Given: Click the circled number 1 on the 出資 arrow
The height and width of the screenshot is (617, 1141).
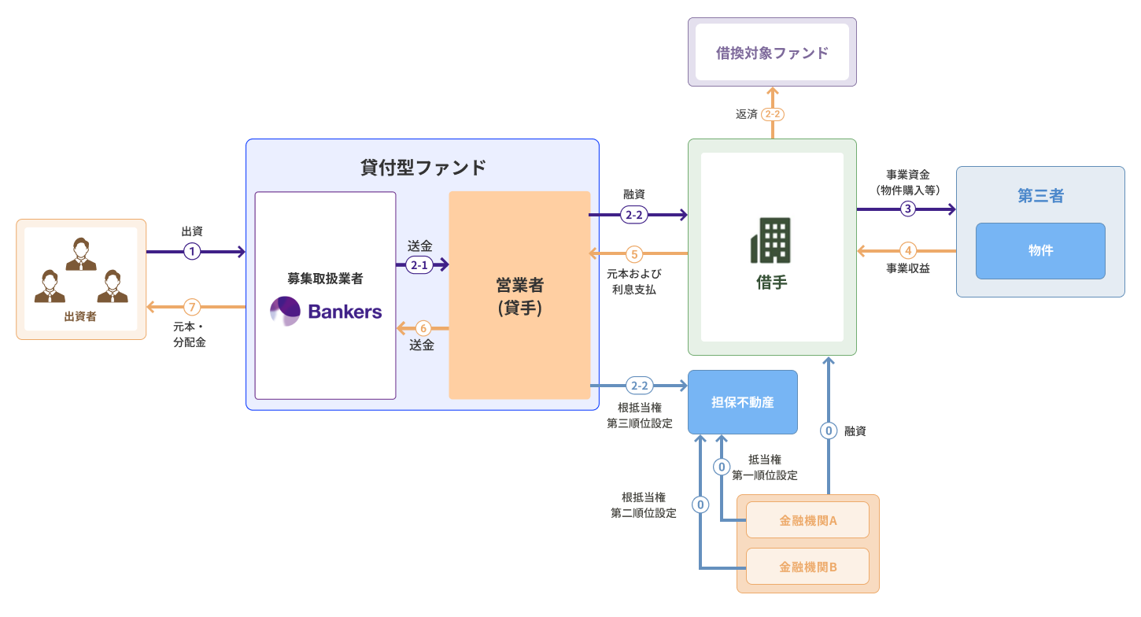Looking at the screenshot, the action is (x=192, y=251).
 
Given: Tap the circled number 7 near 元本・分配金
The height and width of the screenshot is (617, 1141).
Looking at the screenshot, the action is (x=192, y=307).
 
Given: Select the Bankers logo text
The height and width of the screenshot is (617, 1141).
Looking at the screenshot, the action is (x=345, y=312).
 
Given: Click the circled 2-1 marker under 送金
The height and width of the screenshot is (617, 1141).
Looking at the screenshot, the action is (x=419, y=265).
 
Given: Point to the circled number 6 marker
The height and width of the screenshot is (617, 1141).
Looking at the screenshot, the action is (x=423, y=328).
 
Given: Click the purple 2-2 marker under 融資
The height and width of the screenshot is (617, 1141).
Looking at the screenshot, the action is (x=634, y=215).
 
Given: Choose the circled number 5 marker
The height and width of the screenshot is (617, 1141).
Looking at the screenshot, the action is (x=634, y=253).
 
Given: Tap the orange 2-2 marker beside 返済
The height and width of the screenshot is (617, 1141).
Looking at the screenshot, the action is (x=773, y=114).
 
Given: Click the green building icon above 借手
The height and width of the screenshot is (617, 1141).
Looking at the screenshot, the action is (x=770, y=240).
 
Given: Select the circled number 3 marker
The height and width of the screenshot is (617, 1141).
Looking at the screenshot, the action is (x=908, y=209).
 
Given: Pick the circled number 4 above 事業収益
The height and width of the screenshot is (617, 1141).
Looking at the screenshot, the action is (x=908, y=251).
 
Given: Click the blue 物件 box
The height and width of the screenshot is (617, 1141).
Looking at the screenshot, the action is (x=1040, y=251).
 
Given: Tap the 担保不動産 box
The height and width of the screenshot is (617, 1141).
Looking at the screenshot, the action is (x=743, y=402).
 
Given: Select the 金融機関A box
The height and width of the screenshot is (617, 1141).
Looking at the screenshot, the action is (x=807, y=519).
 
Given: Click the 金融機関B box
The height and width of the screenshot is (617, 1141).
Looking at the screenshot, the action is (x=807, y=566).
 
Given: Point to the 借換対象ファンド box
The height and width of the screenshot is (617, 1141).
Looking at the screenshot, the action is (x=772, y=52).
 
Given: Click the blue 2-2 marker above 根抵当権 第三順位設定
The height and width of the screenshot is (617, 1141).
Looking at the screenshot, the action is (x=639, y=386).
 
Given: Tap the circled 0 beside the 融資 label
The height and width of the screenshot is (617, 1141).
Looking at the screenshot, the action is (x=829, y=431).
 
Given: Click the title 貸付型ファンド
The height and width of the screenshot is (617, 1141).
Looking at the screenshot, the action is (x=423, y=167).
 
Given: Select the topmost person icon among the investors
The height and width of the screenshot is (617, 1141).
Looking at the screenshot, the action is (x=81, y=253).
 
